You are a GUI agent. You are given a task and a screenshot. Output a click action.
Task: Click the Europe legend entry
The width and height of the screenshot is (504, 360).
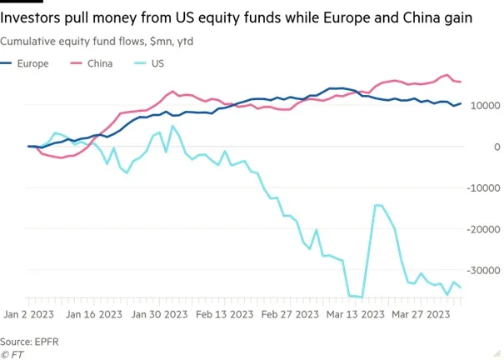pos(24,63)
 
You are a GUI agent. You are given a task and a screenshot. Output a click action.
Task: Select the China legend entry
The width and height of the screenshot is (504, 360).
pos(92,63)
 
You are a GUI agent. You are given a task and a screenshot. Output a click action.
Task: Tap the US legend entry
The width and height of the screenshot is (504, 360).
pos(149,63)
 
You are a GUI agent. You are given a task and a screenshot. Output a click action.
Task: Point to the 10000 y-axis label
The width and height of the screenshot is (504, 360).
pos(486,106)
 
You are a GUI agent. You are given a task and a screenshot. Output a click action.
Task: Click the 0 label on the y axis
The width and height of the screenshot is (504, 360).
pos(497,147)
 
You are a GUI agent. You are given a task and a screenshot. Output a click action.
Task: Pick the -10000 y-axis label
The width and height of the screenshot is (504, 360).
pos(483,188)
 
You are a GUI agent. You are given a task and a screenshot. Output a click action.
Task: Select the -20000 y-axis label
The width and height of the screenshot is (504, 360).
pos(483,229)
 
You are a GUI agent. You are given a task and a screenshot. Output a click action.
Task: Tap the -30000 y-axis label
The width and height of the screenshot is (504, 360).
pos(483,271)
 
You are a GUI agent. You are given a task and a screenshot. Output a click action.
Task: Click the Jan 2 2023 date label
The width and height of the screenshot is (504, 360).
pos(28,314)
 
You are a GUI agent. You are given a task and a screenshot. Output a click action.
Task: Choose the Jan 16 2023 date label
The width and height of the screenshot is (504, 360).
pos(94,314)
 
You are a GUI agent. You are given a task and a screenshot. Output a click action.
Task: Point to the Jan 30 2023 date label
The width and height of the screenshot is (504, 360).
pos(159,314)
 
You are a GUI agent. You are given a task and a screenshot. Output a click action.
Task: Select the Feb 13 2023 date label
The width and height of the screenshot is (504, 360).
pos(225,314)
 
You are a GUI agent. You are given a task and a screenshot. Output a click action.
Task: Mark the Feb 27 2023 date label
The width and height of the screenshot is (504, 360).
pos(290,314)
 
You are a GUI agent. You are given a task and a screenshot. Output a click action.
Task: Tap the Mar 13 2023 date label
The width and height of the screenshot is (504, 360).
pos(355,314)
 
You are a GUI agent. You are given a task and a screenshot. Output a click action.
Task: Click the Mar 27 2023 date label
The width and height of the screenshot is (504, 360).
pos(421,314)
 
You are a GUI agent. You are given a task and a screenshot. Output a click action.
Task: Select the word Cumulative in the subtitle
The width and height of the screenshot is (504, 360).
pos(28,42)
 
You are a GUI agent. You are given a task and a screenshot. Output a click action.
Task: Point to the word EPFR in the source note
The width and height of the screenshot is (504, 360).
pos(47,342)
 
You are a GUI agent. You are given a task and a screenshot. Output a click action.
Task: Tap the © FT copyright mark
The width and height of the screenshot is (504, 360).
pos(12,354)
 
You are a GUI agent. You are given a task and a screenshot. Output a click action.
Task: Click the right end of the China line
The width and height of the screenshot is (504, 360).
pos(461,82)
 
